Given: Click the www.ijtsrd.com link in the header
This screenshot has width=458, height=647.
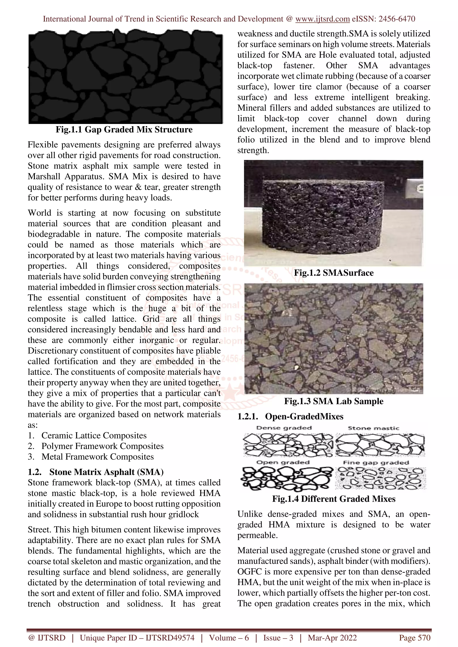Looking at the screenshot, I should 322,19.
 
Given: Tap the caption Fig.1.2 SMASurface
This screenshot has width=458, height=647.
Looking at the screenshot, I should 334,273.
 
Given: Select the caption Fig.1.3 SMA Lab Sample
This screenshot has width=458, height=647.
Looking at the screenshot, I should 334,401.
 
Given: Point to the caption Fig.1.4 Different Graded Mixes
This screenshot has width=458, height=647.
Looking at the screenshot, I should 334,499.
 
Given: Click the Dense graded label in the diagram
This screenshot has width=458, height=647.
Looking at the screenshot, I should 284,428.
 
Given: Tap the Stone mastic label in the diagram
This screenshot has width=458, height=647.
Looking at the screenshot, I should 373,428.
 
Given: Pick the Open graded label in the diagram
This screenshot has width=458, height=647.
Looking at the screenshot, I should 283,462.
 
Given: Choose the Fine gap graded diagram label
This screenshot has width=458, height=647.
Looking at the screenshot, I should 376,462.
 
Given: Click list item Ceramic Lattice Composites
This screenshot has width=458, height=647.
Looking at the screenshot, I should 94,435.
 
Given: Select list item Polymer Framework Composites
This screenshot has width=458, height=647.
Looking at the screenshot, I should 102,446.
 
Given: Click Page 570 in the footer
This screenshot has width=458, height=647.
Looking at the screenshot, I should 415,638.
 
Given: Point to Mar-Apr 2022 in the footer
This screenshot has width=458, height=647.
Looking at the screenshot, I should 332,638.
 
